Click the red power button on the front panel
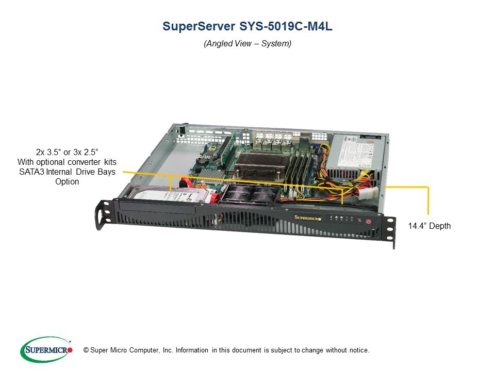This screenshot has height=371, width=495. [369, 222]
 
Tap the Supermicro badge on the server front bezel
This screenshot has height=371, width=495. [308, 217]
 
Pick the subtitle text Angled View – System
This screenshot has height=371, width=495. [247, 44]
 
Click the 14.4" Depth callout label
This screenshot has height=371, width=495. [429, 226]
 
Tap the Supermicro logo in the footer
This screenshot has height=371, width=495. [46, 350]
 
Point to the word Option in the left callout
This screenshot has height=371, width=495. [67, 181]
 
